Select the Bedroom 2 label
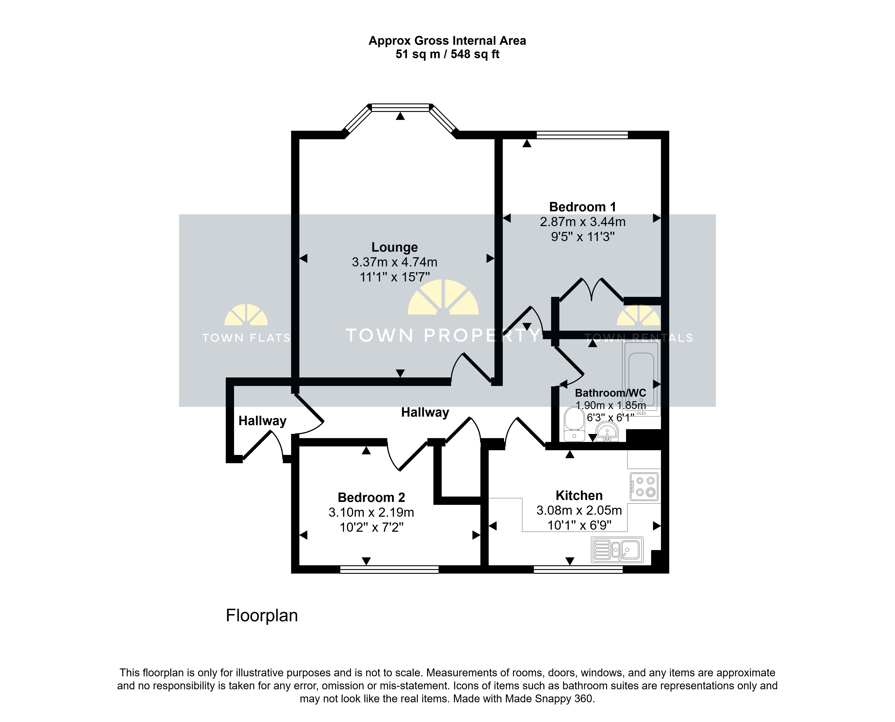371,497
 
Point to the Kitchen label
579,495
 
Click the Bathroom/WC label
610,393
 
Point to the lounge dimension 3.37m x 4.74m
394,262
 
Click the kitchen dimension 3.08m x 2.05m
579,510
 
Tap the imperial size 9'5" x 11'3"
582,237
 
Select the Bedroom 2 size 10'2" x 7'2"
371,527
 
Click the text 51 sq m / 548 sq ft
447,54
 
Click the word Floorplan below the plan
262,615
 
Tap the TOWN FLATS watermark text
246,338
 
